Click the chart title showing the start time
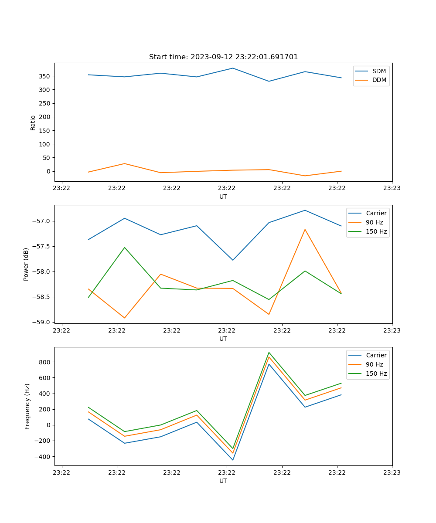[x=223, y=57]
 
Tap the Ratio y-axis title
[x=33, y=122]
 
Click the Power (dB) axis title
[x=26, y=264]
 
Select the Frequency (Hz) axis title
[x=27, y=406]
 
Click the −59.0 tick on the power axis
[x=41, y=322]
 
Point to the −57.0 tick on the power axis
[x=41, y=221]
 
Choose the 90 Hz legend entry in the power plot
[x=374, y=222]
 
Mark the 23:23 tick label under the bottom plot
[x=392, y=472]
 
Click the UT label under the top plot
[x=223, y=197]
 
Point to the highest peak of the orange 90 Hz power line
[x=305, y=229]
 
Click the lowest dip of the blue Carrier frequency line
[x=233, y=460]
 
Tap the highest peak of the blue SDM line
[x=233, y=68]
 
